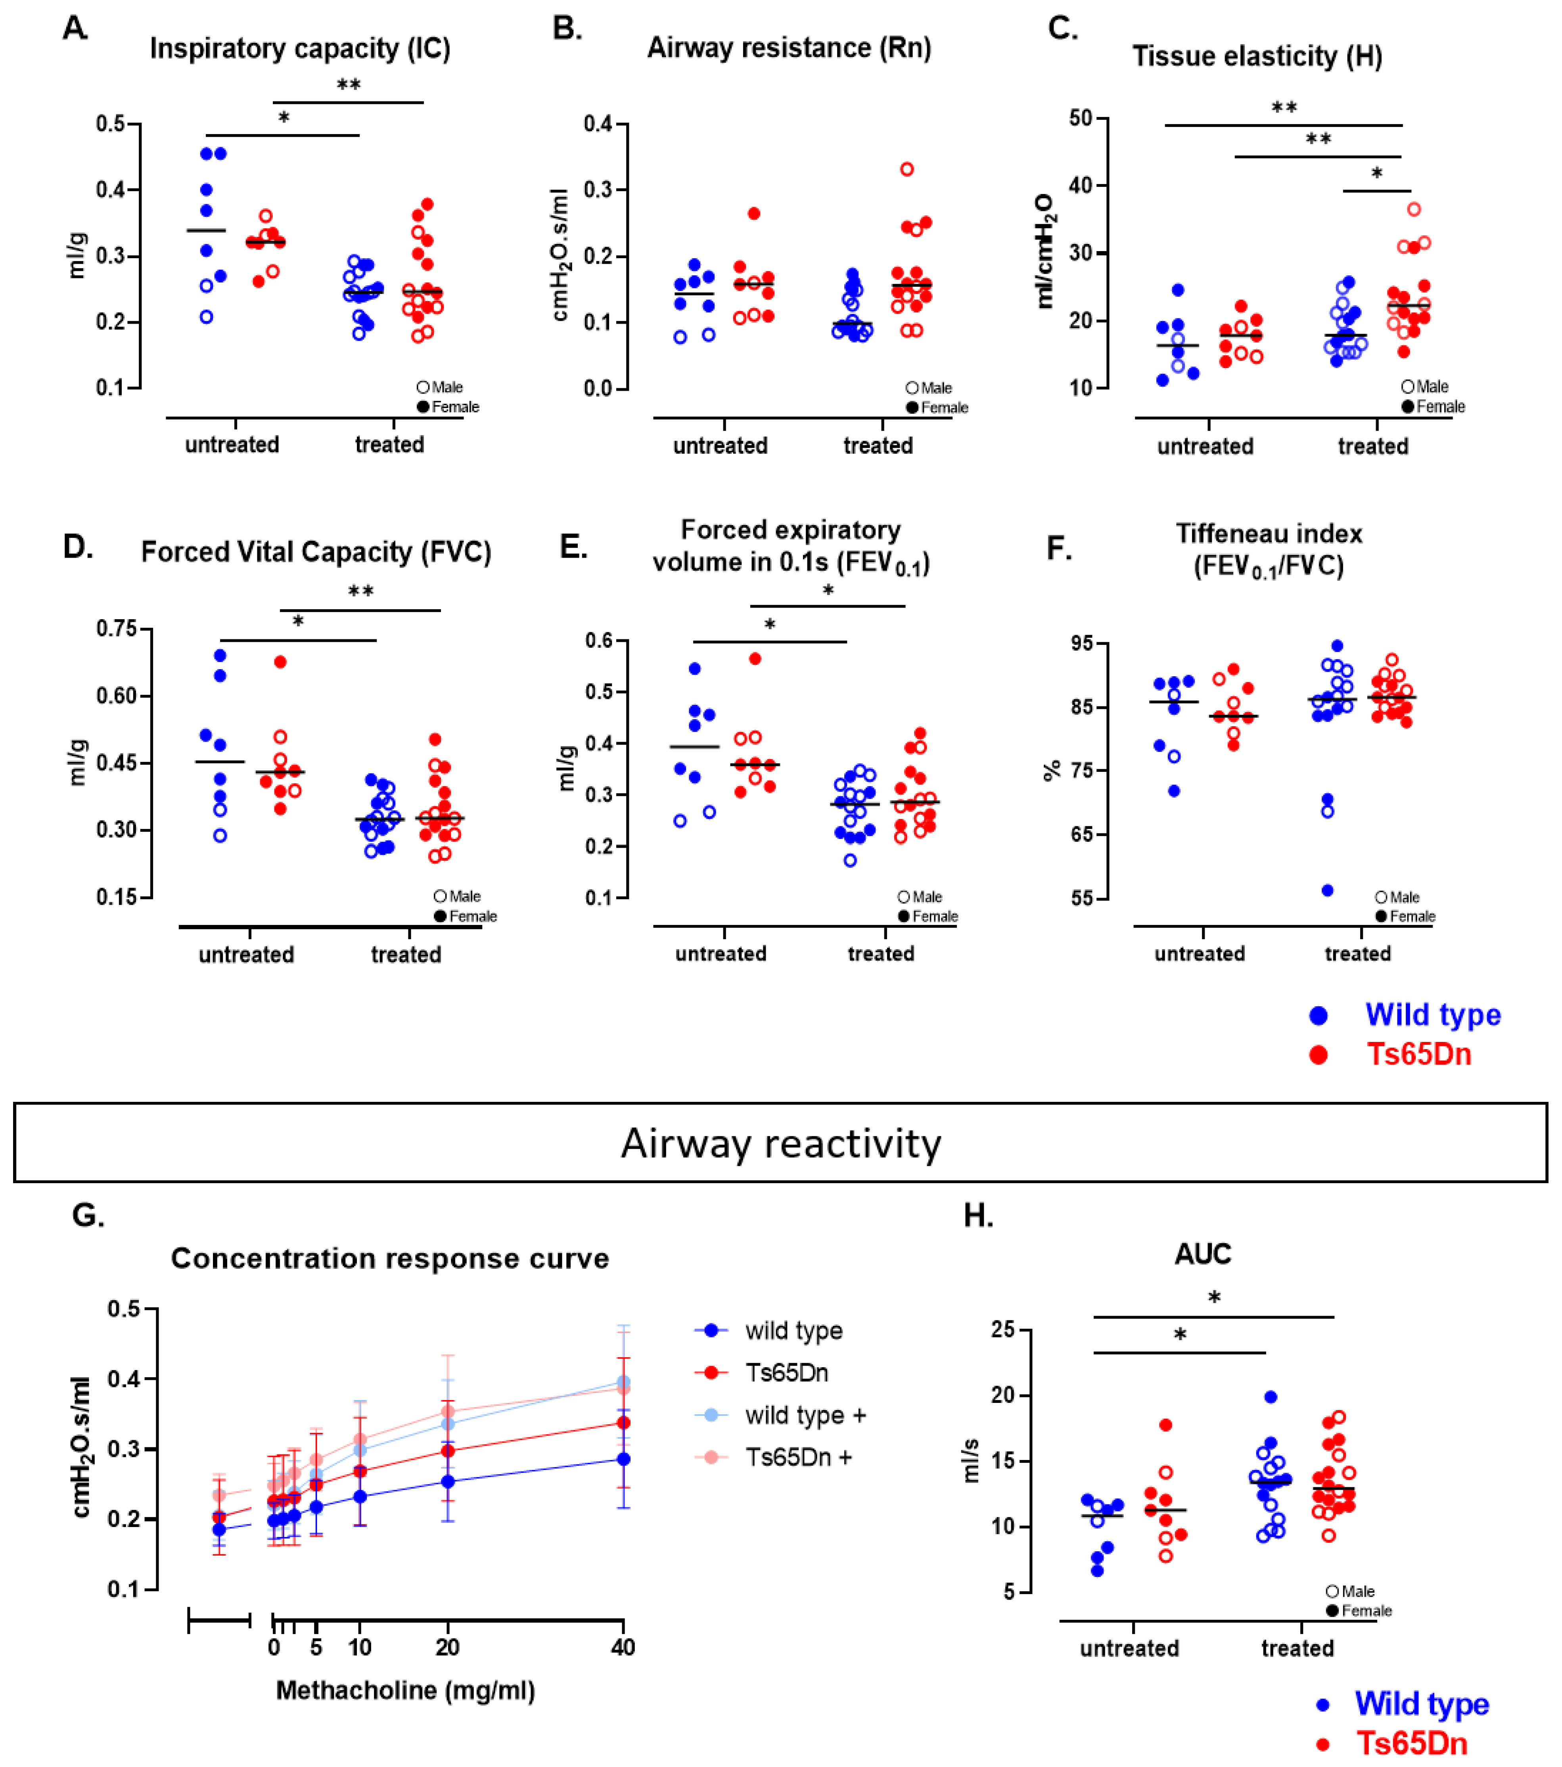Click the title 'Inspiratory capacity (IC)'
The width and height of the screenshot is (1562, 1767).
(x=300, y=48)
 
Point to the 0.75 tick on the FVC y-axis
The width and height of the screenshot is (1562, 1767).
(x=117, y=629)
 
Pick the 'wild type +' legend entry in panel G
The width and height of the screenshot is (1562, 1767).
(x=805, y=1415)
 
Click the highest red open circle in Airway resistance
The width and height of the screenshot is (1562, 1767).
(x=907, y=169)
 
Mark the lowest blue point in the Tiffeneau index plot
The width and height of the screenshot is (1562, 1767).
(x=1327, y=890)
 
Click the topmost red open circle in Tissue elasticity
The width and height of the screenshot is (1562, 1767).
(x=1413, y=209)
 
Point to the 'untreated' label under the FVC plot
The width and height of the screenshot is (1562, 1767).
(x=246, y=954)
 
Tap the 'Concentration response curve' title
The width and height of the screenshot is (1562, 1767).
(x=390, y=1259)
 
